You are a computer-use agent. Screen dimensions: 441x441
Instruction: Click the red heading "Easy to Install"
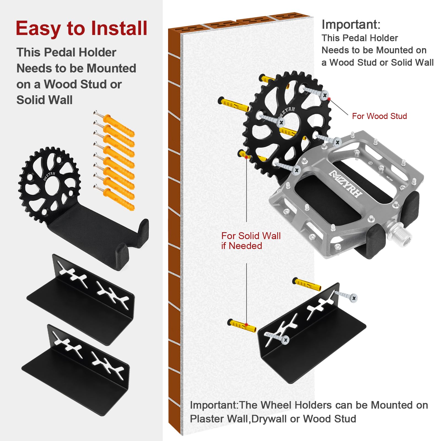82,28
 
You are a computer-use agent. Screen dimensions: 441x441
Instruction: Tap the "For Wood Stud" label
379,116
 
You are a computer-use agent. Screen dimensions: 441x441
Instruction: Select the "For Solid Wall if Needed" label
251,241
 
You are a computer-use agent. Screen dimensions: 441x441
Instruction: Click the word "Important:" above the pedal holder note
351,25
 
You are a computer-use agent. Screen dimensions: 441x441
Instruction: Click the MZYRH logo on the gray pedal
346,184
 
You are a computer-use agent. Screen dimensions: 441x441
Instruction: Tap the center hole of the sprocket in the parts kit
52,184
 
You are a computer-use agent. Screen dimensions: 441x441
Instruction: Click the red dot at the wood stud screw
329,99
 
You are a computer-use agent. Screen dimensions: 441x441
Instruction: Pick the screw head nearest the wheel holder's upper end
354,298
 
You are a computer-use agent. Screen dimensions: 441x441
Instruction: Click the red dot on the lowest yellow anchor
246,324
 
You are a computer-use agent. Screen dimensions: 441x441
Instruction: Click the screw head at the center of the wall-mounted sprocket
281,123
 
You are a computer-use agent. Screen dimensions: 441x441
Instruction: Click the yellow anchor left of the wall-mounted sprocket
233,104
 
